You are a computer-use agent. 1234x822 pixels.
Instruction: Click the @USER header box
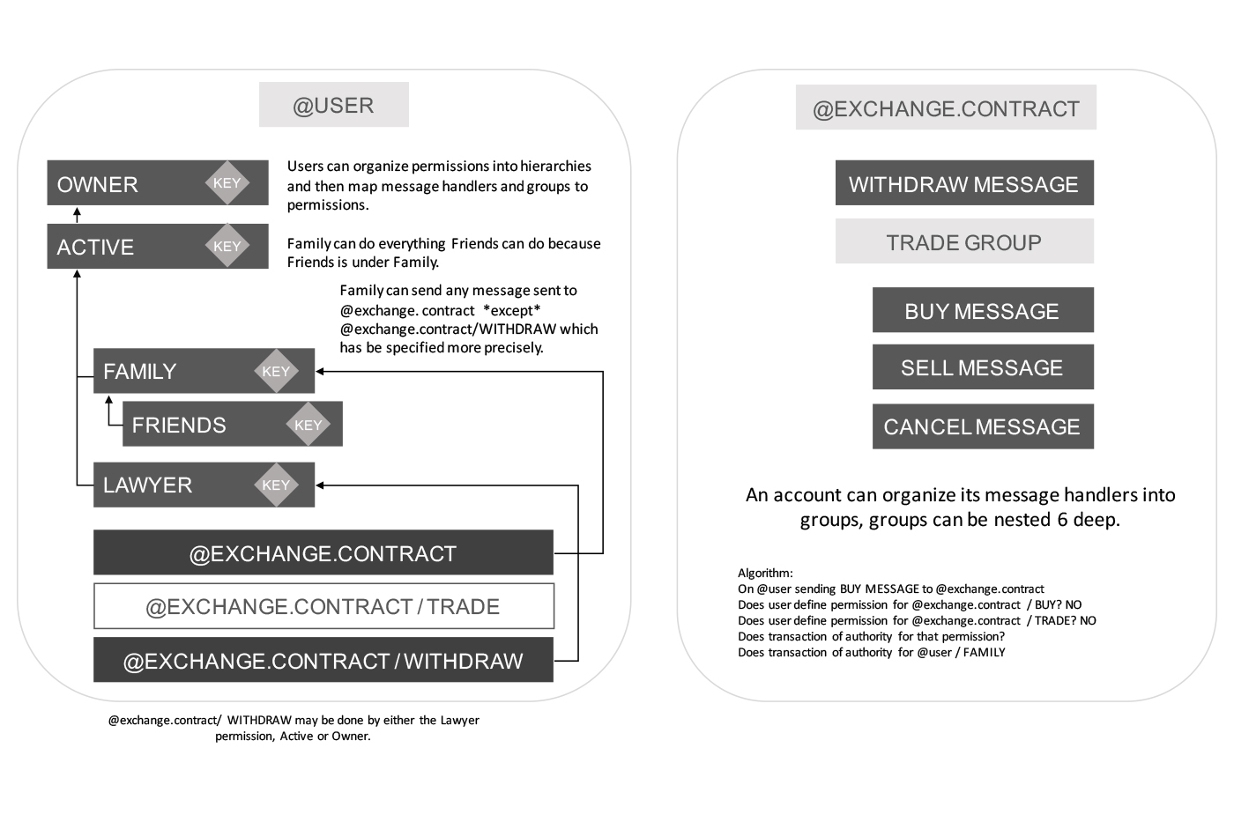333,105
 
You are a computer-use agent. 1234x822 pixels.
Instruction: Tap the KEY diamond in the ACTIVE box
227,247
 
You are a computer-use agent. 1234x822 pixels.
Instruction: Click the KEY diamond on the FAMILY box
276,372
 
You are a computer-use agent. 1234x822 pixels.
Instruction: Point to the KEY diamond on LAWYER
276,485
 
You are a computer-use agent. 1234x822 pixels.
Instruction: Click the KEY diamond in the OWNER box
227,183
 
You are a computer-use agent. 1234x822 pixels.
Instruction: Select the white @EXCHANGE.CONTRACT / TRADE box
323,606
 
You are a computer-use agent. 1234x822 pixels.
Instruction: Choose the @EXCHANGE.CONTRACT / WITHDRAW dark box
323,660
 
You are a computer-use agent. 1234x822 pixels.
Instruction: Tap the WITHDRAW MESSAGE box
963,183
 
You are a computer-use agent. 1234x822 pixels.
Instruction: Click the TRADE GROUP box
963,241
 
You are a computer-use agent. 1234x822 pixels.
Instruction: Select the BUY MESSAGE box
982,310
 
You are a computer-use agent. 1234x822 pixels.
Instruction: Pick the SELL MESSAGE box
982,367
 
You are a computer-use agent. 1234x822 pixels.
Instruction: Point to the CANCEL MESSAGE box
982,426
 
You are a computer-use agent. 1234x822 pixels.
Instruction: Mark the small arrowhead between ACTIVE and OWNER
77,212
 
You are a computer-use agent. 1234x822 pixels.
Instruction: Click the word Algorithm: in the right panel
765,573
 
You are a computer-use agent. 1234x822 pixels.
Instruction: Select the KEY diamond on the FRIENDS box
308,425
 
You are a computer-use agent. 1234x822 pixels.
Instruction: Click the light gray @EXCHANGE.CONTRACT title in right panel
946,108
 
